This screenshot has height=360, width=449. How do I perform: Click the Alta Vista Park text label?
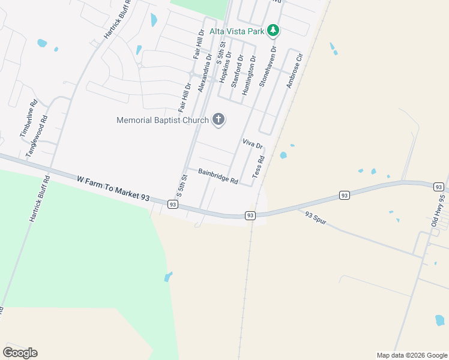236,30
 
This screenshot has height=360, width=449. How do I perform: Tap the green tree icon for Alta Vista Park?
273,29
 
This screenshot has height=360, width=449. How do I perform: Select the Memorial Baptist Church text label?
162,120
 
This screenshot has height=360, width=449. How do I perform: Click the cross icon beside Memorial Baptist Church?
218,119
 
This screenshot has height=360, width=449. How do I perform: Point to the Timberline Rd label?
29,118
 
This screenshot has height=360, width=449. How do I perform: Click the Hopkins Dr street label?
225,71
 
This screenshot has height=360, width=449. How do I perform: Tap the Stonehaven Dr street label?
267,67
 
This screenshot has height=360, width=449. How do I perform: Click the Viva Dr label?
252,143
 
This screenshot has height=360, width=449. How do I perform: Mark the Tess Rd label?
258,167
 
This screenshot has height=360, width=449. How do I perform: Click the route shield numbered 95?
438,187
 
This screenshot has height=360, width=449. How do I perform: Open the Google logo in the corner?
20,353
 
